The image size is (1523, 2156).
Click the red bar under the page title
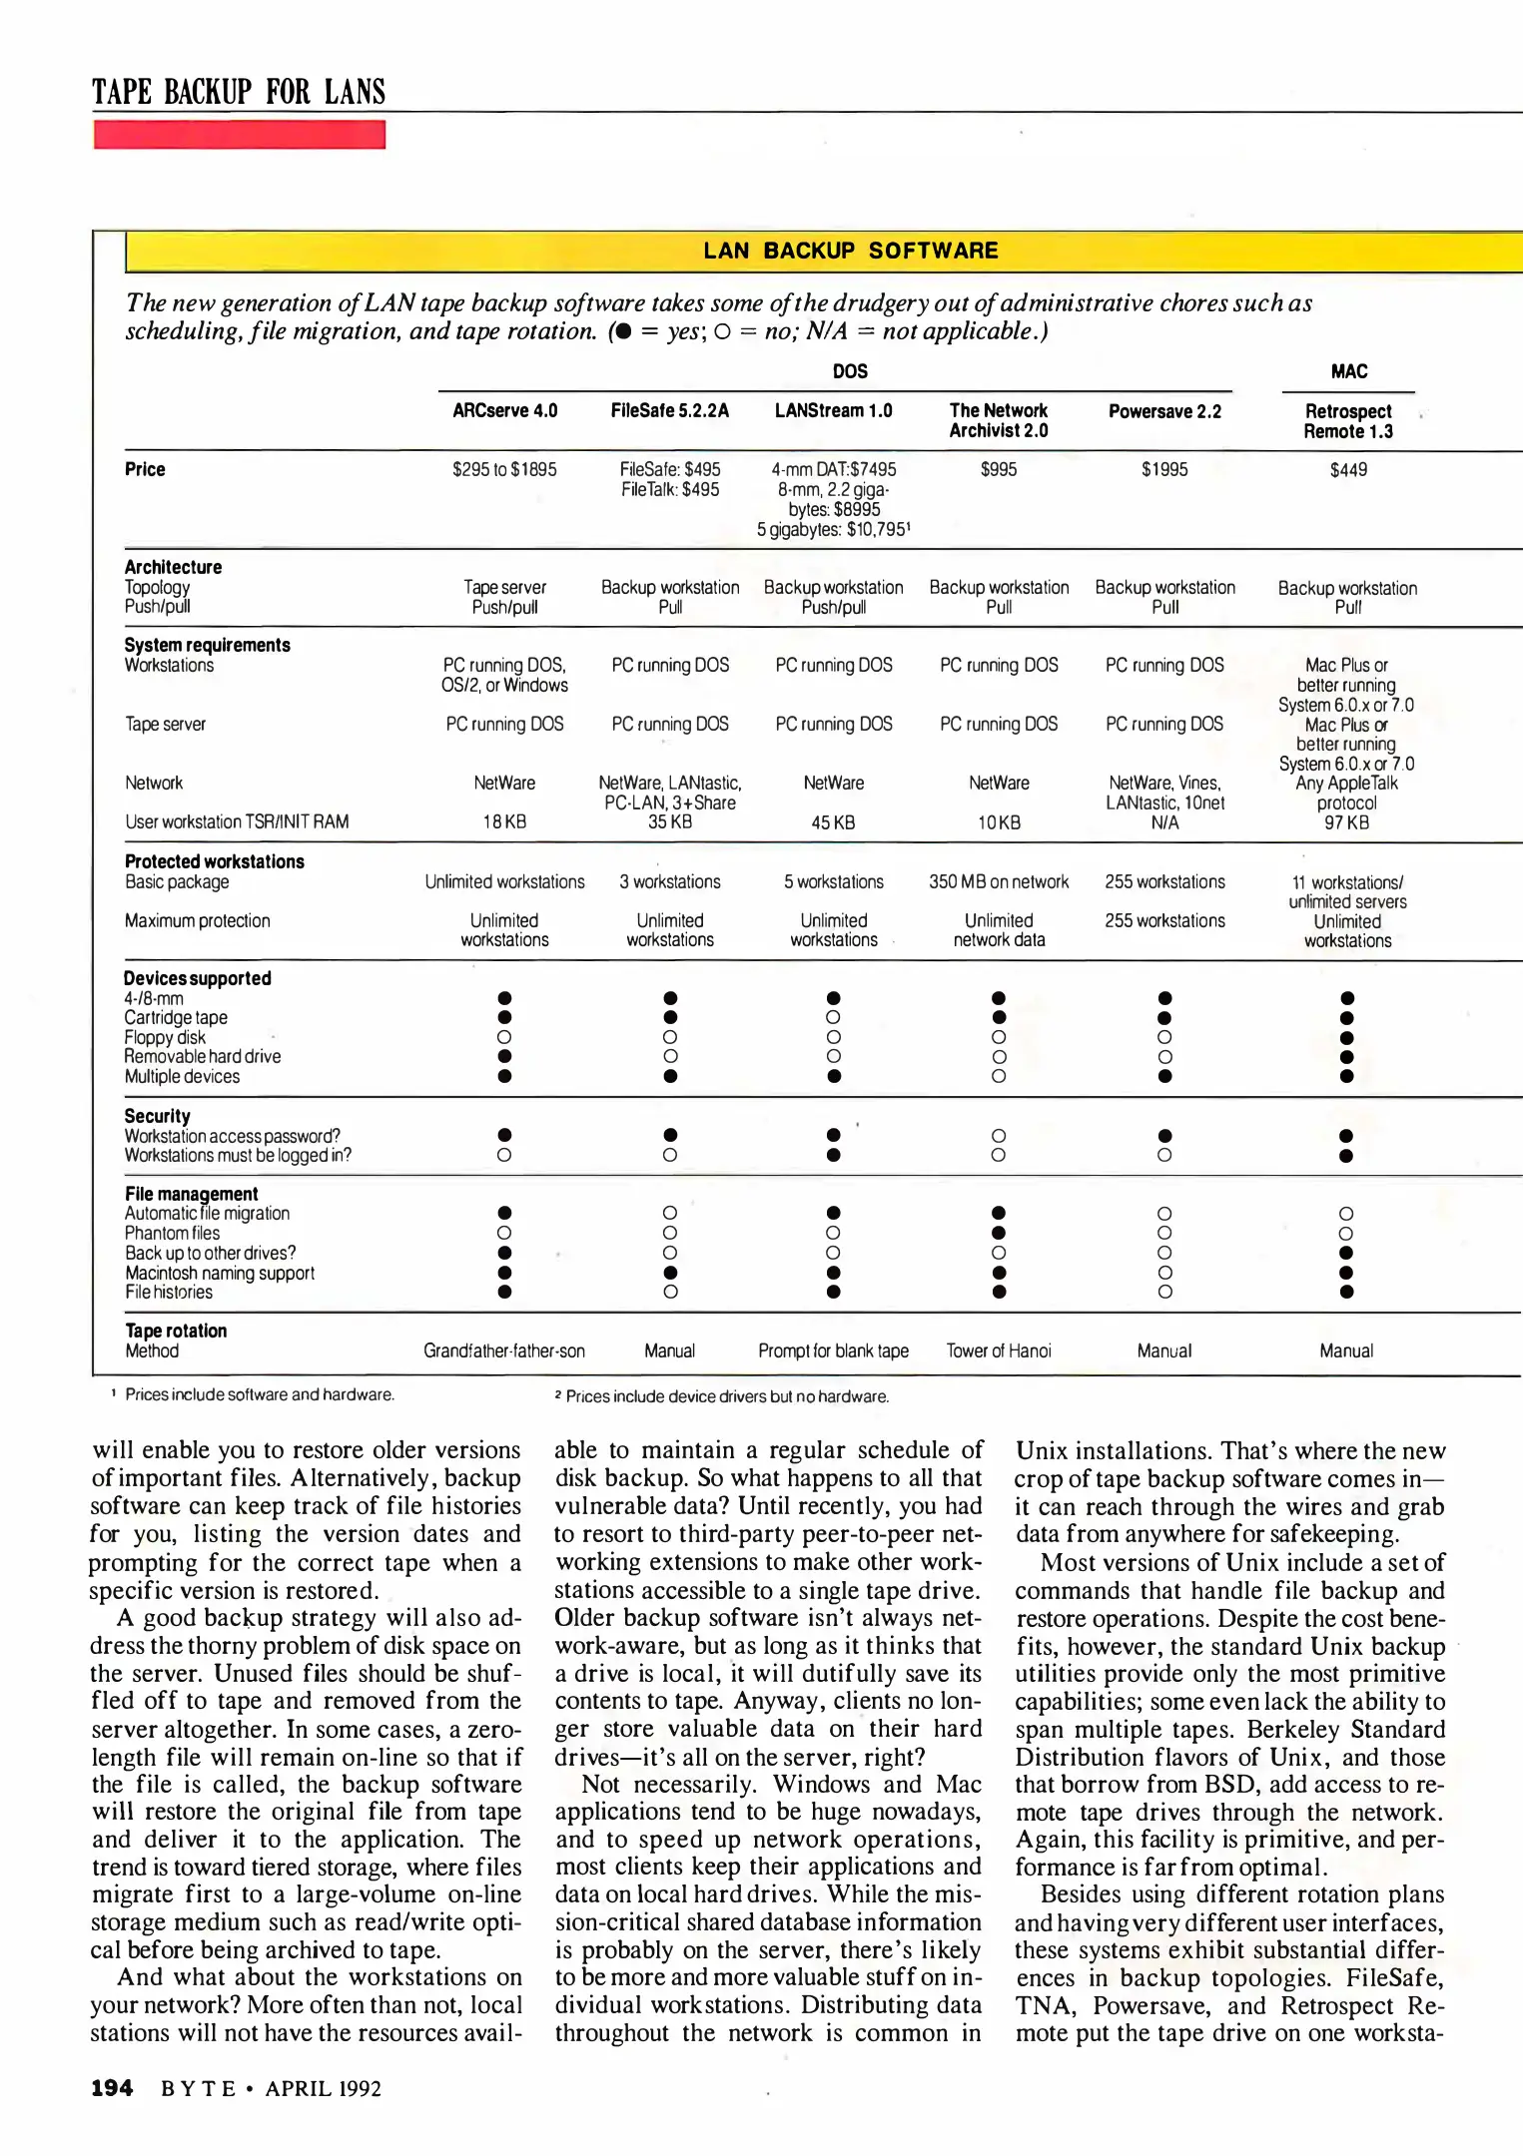pyautogui.click(x=240, y=135)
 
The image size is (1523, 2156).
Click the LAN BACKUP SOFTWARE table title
pyautogui.click(x=850, y=251)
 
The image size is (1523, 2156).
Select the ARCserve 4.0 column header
pyautogui.click(x=504, y=410)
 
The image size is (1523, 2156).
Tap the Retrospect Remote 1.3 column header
pyautogui.click(x=1347, y=421)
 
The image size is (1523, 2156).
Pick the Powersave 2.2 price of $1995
pyautogui.click(x=1164, y=469)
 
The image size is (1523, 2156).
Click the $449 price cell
pyautogui.click(x=1348, y=469)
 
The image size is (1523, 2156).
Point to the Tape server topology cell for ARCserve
pyautogui.click(x=504, y=588)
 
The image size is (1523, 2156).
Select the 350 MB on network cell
pyautogui.click(x=999, y=882)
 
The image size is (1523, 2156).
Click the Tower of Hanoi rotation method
pyautogui.click(x=999, y=1351)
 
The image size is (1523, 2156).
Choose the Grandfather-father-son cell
pyautogui.click(x=504, y=1351)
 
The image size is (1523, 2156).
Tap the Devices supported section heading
pyautogui.click(x=198, y=978)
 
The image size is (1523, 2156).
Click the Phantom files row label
pyautogui.click(x=172, y=1234)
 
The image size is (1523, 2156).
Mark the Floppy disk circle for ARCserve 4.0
pyautogui.click(x=504, y=1037)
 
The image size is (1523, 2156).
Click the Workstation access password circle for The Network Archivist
pyautogui.click(x=999, y=1136)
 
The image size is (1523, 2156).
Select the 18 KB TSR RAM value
pyautogui.click(x=504, y=822)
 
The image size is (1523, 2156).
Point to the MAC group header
pyautogui.click(x=1348, y=371)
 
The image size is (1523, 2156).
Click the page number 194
pyautogui.click(x=112, y=2088)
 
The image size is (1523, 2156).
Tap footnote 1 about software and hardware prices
pyautogui.click(x=258, y=1394)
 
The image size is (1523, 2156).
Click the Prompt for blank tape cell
pyautogui.click(x=833, y=1351)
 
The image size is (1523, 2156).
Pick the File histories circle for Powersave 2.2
pyautogui.click(x=1164, y=1293)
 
